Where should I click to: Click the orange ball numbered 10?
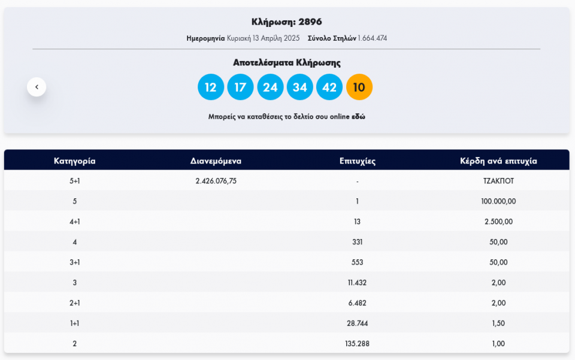click(x=359, y=87)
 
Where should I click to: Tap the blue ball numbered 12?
click(x=211, y=87)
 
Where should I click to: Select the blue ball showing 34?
click(x=300, y=87)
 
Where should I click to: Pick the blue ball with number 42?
click(x=329, y=87)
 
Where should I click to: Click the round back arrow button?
click(x=37, y=87)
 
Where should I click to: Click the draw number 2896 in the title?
click(x=310, y=22)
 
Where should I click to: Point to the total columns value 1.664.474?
click(x=373, y=38)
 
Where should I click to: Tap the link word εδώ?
click(x=358, y=117)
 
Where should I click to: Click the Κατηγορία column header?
click(x=75, y=161)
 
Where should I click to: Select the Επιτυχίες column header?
click(x=357, y=161)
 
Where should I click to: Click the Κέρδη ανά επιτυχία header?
click(x=498, y=161)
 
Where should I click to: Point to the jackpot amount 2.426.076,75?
click(x=216, y=181)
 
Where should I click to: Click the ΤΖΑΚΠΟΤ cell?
click(x=498, y=181)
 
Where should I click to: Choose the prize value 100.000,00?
click(x=498, y=201)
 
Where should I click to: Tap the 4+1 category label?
click(x=75, y=222)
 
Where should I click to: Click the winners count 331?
click(x=357, y=242)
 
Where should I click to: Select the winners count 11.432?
click(x=357, y=283)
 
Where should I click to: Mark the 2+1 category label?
click(x=75, y=303)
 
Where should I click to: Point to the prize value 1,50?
click(x=498, y=323)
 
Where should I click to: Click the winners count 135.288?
click(x=357, y=344)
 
